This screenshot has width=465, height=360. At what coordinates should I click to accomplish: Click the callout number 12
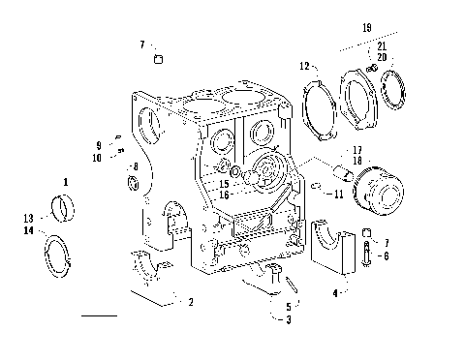tap(303, 66)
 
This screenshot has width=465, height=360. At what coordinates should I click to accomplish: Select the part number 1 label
tap(65, 181)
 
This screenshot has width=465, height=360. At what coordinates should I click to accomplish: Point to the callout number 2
tap(191, 302)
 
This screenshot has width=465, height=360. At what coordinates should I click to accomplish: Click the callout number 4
tap(335, 290)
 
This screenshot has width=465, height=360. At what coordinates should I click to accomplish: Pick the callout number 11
tap(338, 195)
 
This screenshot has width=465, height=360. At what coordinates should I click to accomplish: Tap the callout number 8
tap(135, 166)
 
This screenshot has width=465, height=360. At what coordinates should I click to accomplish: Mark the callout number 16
tap(224, 195)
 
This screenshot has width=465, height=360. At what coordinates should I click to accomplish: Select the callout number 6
tap(387, 255)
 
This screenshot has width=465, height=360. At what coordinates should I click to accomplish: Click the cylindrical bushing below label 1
tap(66, 206)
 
